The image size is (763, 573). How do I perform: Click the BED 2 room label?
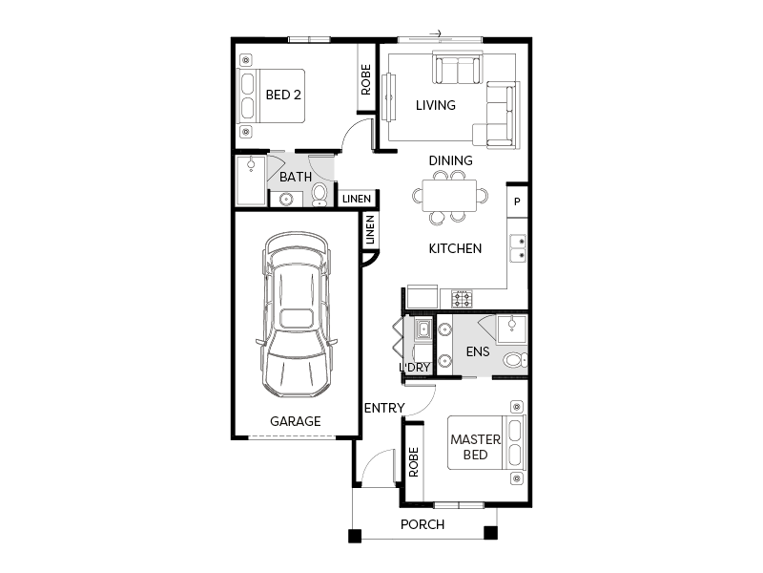(283, 95)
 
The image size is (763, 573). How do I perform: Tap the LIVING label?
(436, 105)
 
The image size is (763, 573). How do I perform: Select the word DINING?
(450, 160)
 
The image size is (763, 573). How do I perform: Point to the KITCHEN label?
(455, 248)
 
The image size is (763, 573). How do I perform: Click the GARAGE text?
(296, 421)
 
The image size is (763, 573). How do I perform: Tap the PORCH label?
(423, 524)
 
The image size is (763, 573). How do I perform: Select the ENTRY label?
(384, 408)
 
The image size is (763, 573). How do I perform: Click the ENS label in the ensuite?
(478, 351)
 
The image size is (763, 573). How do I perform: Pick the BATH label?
(296, 177)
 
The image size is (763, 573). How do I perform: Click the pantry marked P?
(517, 202)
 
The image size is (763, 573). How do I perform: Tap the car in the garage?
(297, 315)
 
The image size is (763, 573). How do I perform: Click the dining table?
(449, 196)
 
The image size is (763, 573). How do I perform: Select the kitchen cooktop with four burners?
(462, 299)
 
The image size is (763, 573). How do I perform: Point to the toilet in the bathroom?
(320, 195)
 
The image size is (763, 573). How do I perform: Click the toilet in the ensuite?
(515, 360)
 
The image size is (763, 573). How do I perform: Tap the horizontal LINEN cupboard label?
(357, 199)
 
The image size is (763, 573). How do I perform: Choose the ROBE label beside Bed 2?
(366, 79)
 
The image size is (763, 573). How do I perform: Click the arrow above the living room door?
(436, 33)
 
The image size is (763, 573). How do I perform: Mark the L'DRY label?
(415, 368)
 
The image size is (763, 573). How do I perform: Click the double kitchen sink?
(518, 248)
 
